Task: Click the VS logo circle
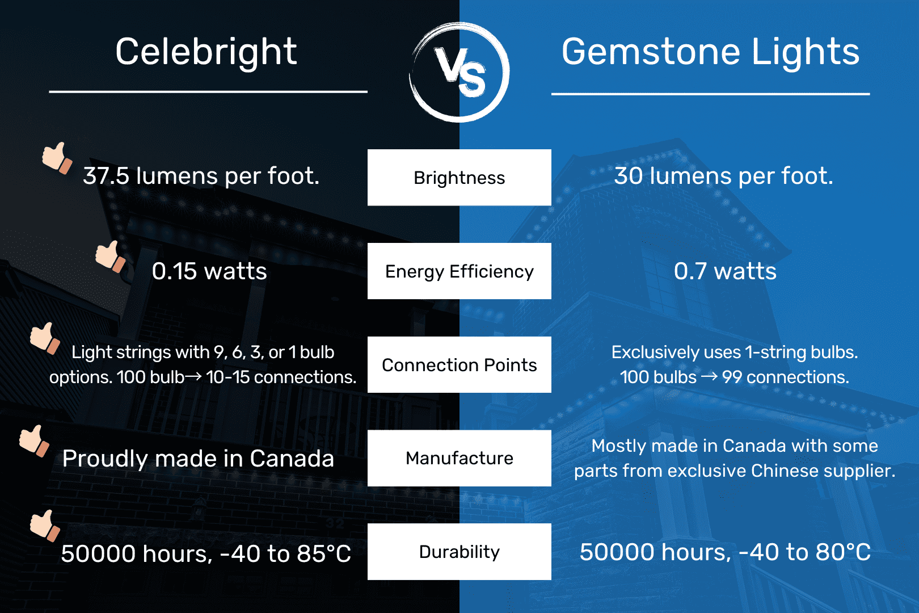(459, 72)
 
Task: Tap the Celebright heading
(206, 52)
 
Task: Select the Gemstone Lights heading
(710, 52)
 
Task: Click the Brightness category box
(459, 178)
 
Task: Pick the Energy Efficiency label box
(459, 271)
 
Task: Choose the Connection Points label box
(459, 365)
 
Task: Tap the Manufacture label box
(459, 458)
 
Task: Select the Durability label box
(459, 552)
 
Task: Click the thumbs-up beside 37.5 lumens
(57, 157)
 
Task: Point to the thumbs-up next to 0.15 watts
(110, 257)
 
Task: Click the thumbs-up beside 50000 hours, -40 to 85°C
(45, 526)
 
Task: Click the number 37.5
(106, 177)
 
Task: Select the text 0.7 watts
(725, 271)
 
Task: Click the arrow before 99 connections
(709, 376)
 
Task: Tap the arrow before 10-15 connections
(193, 376)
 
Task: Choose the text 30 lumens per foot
(724, 176)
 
